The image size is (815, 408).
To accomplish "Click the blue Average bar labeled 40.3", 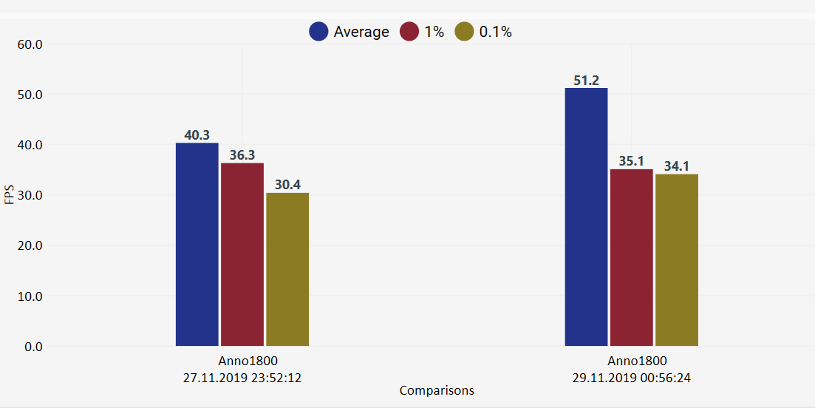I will [x=197, y=244].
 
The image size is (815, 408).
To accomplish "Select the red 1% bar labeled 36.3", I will [x=242, y=254].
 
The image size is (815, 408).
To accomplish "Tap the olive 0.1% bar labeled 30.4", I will [x=287, y=269].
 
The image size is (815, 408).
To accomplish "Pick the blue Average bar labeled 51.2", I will [x=586, y=217].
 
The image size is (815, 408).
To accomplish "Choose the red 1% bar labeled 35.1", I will [x=631, y=257].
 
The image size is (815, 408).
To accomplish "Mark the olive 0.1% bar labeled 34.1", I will [x=677, y=259].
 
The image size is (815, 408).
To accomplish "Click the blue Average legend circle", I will [x=319, y=32].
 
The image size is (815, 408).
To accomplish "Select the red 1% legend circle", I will [x=410, y=32].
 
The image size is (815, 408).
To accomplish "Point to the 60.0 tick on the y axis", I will [x=30, y=44].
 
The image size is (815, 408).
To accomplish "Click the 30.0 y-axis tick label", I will [x=30, y=196].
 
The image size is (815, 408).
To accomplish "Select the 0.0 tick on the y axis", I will [x=33, y=347].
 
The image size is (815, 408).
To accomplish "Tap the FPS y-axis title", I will [x=9, y=195].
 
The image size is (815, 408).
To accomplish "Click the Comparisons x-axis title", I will [x=437, y=390].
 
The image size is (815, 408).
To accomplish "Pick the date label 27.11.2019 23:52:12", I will [x=242, y=377].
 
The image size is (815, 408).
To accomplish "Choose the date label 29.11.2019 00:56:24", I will [x=632, y=377].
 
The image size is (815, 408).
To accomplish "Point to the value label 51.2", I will [x=586, y=81].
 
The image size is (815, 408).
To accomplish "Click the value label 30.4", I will [x=287, y=185].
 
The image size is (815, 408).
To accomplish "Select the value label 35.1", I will [x=631, y=161].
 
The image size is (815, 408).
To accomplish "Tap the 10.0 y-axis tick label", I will [x=30, y=296].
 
